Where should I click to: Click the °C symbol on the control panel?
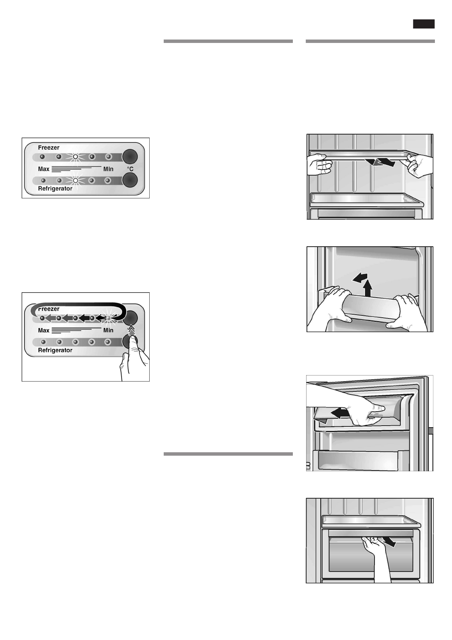[x=130, y=169]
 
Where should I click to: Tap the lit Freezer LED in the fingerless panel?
[x=75, y=157]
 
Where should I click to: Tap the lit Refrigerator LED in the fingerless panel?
[x=75, y=180]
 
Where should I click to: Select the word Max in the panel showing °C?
[x=44, y=169]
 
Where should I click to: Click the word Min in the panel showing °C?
[x=108, y=169]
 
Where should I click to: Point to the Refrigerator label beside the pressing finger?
[x=55, y=350]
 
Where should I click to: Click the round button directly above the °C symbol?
[x=130, y=156]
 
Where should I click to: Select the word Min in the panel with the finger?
[x=108, y=330]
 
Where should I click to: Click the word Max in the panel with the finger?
[x=44, y=330]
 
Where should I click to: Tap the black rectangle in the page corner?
[x=424, y=24]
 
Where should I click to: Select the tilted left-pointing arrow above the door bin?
[x=359, y=277]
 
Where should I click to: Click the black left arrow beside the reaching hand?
[x=339, y=412]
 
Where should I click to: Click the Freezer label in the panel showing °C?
[x=49, y=147]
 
